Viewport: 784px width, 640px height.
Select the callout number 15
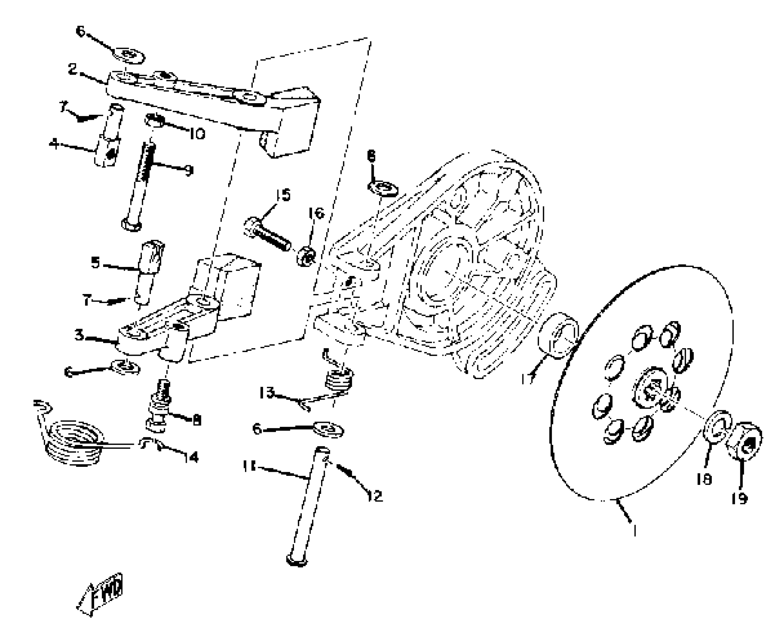pyautogui.click(x=283, y=195)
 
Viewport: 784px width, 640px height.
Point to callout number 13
pyautogui.click(x=266, y=393)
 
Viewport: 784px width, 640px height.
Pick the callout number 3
pyautogui.click(x=79, y=334)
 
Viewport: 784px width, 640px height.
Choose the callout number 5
pyautogui.click(x=96, y=263)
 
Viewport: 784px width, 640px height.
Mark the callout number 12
pyautogui.click(x=374, y=496)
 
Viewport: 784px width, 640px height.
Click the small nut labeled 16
pyautogui.click(x=306, y=257)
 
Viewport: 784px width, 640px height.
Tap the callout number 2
pyautogui.click(x=72, y=69)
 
